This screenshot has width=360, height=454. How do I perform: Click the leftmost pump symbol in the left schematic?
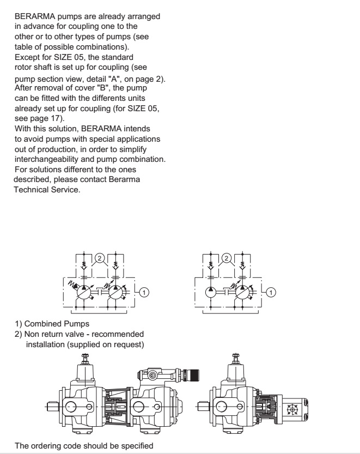(x=87, y=292)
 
